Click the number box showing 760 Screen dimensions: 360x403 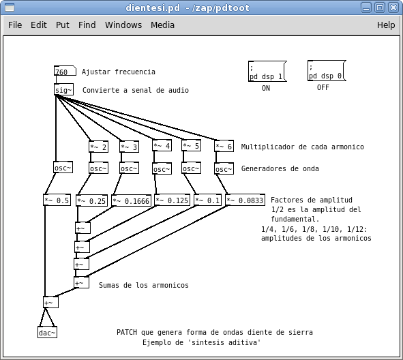click(61, 72)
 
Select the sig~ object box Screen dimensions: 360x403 click(63, 90)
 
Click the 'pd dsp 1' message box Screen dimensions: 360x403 click(267, 72)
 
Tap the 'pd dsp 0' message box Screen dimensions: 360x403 click(326, 72)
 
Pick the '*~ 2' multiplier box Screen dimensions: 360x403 click(98, 147)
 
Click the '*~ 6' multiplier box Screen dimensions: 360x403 click(224, 146)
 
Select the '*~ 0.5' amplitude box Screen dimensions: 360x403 click(57, 200)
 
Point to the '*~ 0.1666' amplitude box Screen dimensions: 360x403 click(131, 200)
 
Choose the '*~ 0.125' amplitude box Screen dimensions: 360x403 click(172, 200)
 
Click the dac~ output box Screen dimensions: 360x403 click(47, 333)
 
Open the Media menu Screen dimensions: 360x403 click(162, 25)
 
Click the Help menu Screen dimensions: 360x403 click(386, 25)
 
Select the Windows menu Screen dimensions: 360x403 click(123, 25)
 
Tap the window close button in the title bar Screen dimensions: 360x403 click(393, 7)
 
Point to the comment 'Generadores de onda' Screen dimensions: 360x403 click(280, 168)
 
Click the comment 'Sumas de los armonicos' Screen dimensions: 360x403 click(143, 285)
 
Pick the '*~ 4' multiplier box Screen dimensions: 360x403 click(162, 145)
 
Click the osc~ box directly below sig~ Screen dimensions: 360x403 click(63, 168)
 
